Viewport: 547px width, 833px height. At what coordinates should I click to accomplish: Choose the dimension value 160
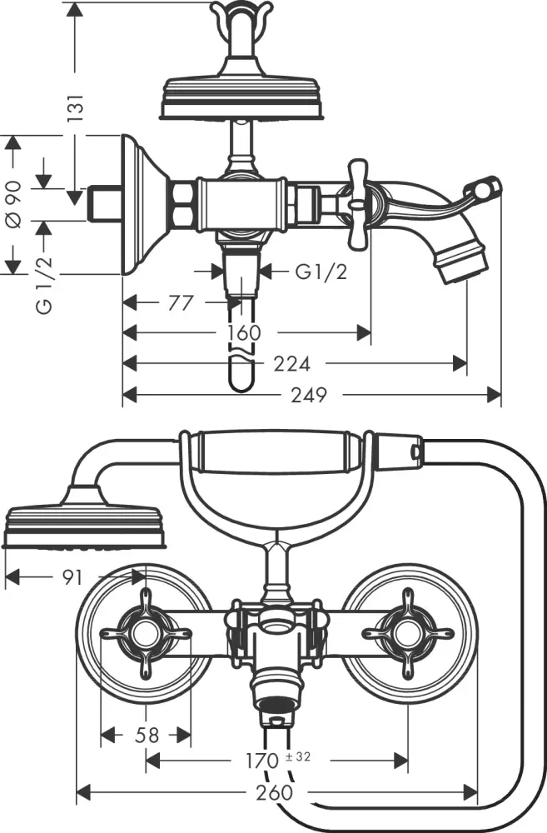point(243,333)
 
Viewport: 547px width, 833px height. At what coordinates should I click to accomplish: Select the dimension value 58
point(147,735)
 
